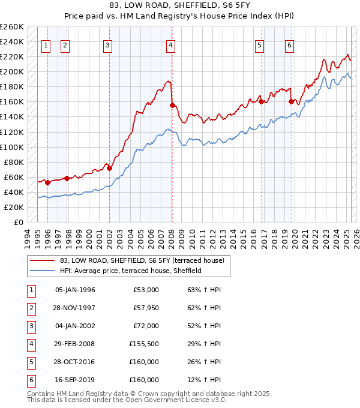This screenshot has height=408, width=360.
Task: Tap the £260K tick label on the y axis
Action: [x=12, y=27]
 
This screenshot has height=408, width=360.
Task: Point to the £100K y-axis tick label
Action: [x=12, y=147]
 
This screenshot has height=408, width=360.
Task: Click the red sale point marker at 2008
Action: [x=173, y=105]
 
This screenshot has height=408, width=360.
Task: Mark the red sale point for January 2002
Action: [x=109, y=168]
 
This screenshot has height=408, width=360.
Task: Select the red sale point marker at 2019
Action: [x=291, y=101]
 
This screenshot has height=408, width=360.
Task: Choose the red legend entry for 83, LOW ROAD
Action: [x=142, y=260]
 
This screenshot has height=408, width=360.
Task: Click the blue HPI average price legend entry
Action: [x=131, y=271]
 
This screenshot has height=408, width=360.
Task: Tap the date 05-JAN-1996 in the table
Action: [x=75, y=290]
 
